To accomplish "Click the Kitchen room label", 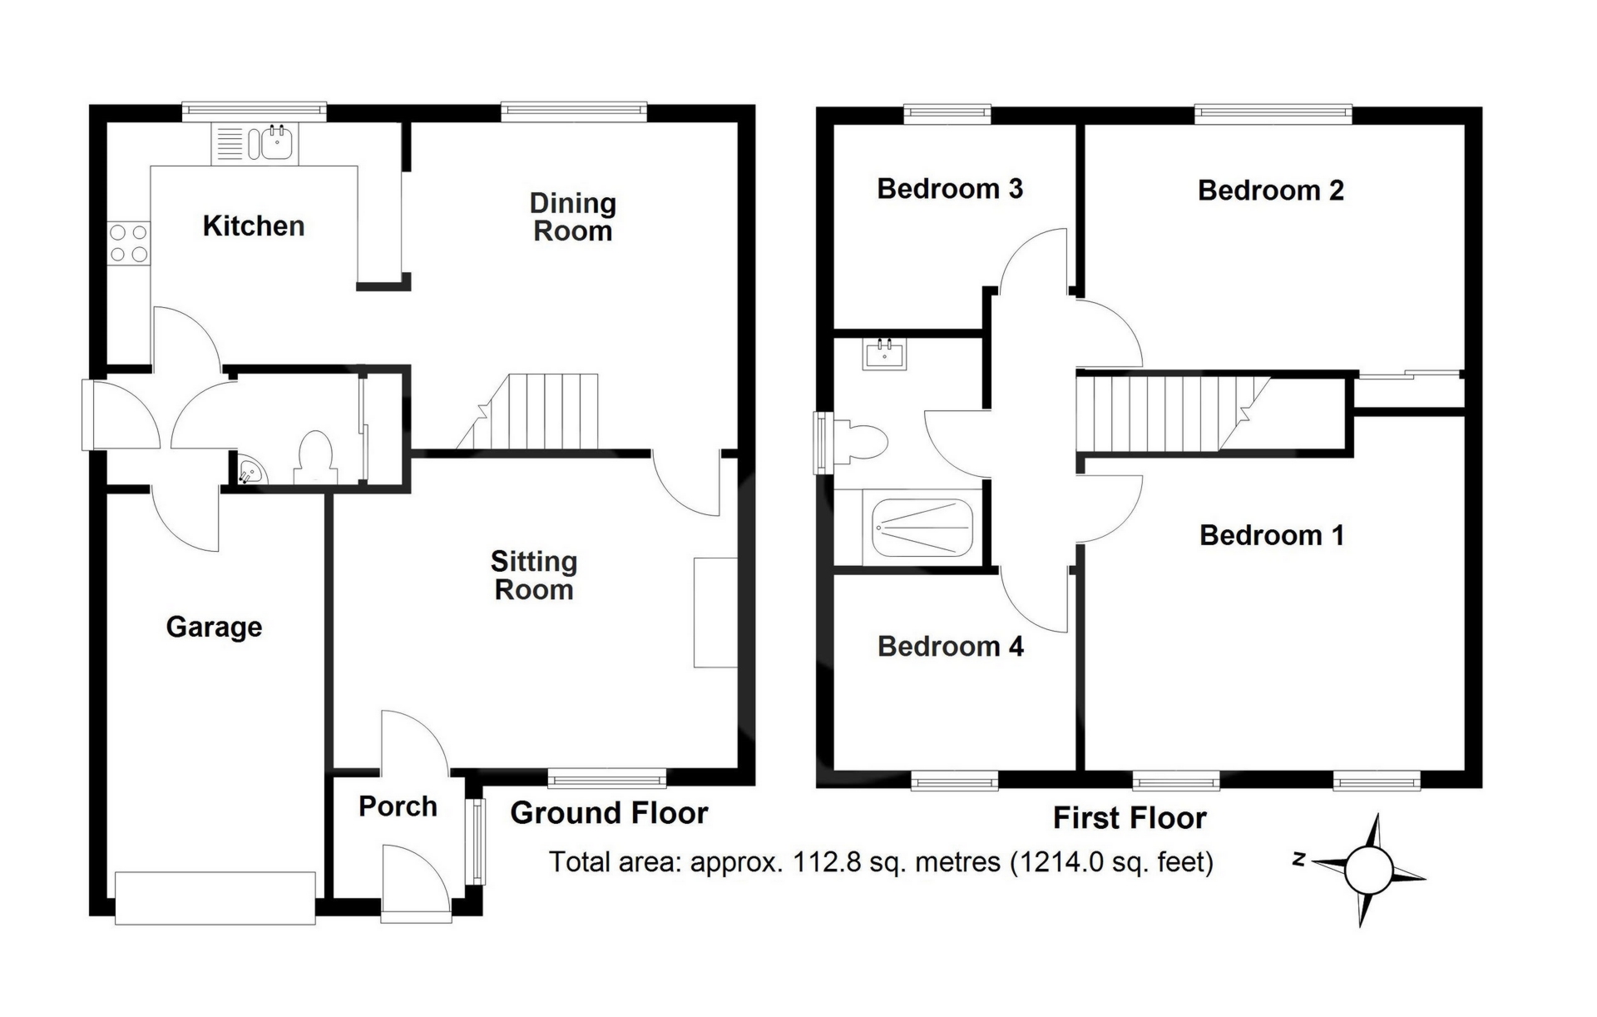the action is [254, 226].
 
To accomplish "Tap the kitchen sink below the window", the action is [255, 143].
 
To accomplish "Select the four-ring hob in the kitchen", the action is [128, 244].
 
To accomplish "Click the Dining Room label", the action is [573, 217].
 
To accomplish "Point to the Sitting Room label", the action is [534, 576].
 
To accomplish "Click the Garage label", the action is [214, 627].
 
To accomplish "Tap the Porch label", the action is [398, 806].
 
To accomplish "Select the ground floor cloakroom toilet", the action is [314, 457].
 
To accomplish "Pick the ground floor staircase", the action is [527, 411].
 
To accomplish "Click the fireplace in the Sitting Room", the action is [715, 612].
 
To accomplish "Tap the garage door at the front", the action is [215, 898].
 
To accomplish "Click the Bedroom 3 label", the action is [950, 189].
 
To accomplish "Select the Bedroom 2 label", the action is [1271, 191].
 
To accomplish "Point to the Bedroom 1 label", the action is [1272, 535].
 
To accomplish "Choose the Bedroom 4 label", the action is [951, 647].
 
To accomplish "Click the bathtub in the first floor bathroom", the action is [922, 528].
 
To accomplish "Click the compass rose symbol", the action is [1368, 871].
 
